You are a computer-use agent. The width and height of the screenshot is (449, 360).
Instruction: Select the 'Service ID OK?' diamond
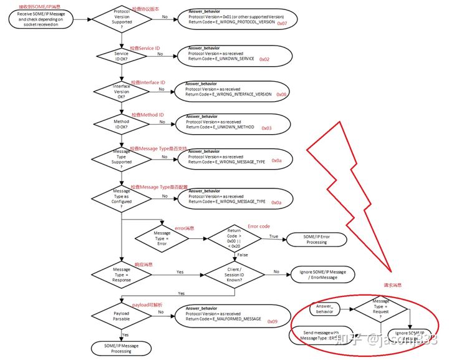121,57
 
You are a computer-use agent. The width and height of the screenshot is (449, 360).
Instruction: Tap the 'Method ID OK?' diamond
121,125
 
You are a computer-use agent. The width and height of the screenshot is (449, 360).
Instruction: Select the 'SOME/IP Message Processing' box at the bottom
121,348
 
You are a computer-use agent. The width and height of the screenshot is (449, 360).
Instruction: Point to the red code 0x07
282,23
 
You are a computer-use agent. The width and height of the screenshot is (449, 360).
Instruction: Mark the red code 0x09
273,321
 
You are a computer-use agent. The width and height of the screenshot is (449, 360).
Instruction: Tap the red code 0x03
266,128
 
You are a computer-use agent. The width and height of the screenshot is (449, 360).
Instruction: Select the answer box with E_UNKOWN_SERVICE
228,56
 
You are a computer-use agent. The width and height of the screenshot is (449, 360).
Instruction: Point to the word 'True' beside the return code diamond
274,235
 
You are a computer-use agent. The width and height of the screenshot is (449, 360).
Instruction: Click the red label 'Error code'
259,226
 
